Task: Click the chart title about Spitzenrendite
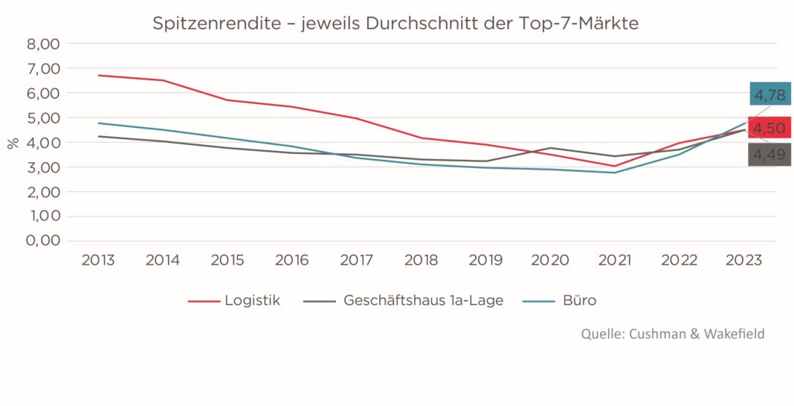coord(396,23)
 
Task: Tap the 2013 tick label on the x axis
coord(98,260)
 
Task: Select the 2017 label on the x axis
coord(356,260)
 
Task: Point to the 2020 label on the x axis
coord(550,260)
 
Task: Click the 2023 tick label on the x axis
coord(743,260)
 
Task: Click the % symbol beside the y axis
coord(13,142)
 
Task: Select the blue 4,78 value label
coord(769,95)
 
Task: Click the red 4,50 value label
coord(769,128)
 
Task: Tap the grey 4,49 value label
coord(769,155)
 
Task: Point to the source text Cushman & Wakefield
coord(673,334)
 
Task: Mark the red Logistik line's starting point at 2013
coord(98,75)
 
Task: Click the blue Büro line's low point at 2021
coord(615,173)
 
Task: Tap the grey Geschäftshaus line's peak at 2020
coord(550,148)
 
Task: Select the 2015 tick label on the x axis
coord(227,260)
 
